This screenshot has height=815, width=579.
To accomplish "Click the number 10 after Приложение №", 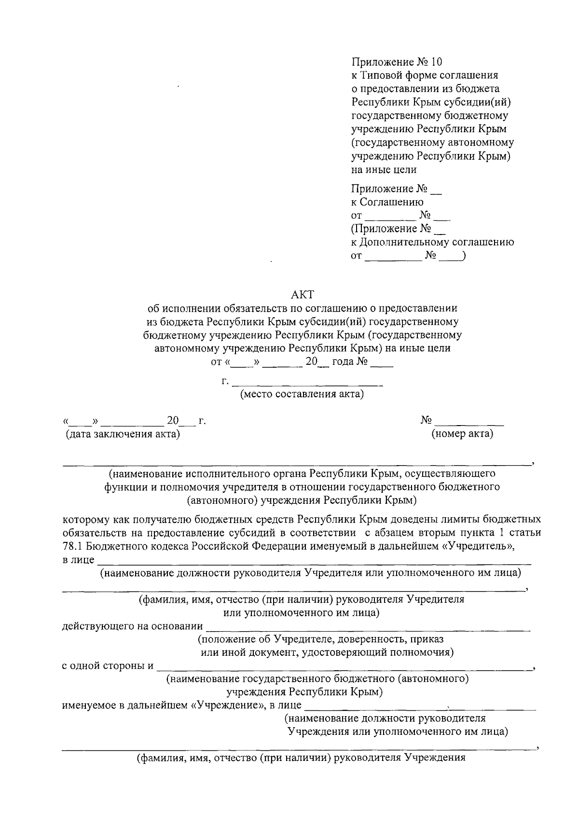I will pos(436,62).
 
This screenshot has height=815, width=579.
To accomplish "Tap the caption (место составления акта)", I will pos(302,394).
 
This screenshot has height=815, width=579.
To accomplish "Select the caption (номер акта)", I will pos(462,434).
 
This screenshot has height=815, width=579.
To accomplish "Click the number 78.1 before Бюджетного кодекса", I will pos(72,546).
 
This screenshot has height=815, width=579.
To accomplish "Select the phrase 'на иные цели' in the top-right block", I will pos(384,169).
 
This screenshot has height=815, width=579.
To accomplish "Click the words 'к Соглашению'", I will pos(387,202).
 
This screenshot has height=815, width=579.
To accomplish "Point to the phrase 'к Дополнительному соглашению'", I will pos(432,242).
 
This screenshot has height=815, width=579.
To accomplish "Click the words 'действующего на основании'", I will pos(133,626).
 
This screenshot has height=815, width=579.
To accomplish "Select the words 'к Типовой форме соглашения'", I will pos(425,75).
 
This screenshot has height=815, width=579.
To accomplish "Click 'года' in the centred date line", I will pos(343,361).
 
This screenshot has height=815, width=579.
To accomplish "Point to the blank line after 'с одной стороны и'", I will pos(343,669).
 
